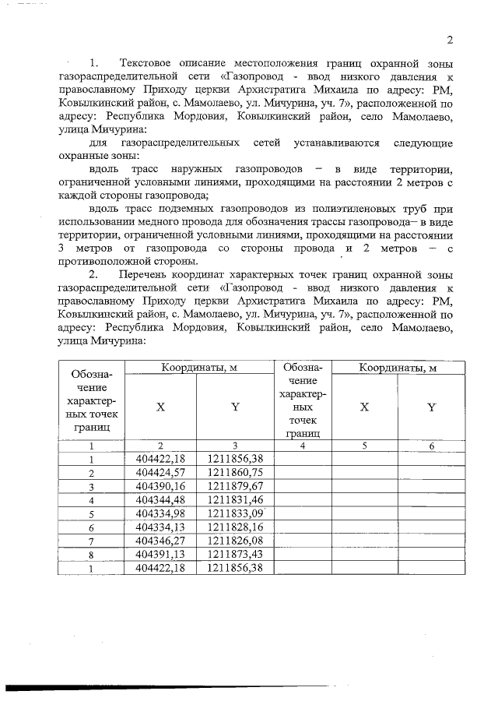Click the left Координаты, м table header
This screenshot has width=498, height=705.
(199, 368)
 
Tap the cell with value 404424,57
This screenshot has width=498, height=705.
(160, 472)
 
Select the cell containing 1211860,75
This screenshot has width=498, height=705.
(236, 472)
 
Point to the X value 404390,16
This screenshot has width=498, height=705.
(160, 485)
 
